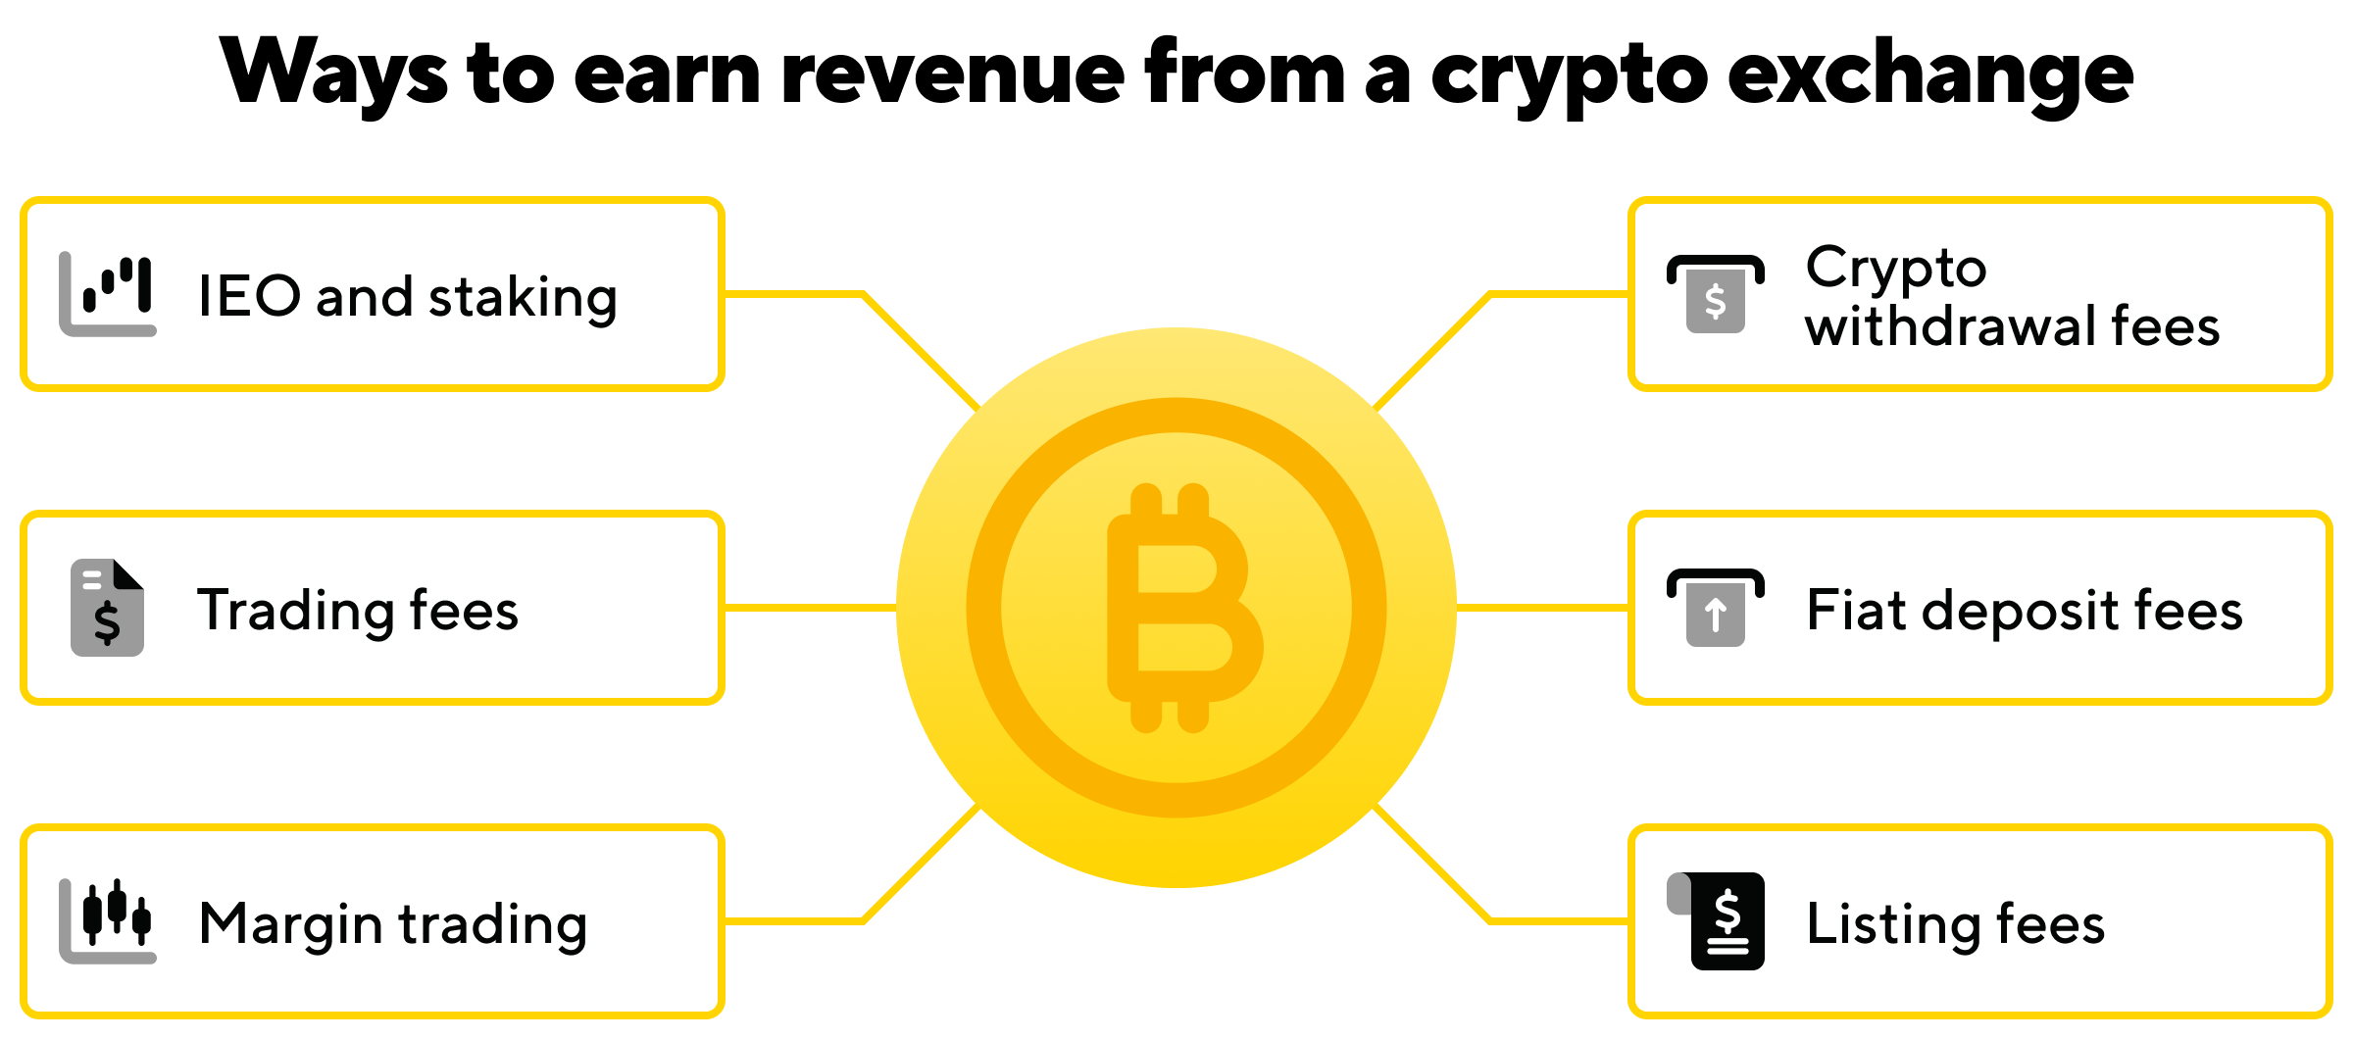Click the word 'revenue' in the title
952,74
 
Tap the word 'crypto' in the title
1569,78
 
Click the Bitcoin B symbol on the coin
1185,608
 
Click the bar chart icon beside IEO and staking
108,294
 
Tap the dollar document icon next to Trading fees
108,608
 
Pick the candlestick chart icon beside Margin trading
108,921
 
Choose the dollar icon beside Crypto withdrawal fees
1716,294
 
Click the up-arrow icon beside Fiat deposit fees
1716,608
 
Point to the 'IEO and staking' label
408,297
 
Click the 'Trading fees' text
358,611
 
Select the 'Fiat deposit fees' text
2025,611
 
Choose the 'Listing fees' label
1956,924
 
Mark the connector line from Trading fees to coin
811,608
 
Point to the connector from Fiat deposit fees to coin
1542,608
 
